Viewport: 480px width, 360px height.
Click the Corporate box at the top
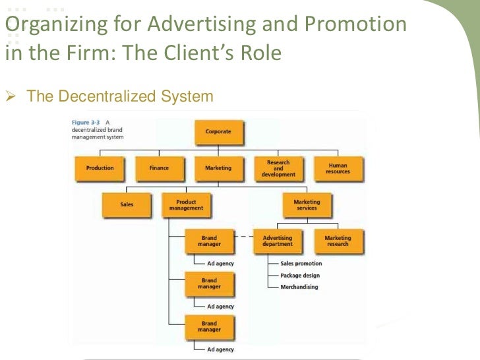pos(218,132)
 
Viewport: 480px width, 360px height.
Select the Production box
pos(100,168)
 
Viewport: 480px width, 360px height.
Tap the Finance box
pos(159,168)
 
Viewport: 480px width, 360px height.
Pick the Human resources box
pos(338,168)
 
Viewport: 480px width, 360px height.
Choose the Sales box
pos(127,204)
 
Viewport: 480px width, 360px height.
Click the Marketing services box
pos(307,204)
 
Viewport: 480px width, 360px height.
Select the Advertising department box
pos(278,241)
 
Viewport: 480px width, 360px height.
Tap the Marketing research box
pos(338,241)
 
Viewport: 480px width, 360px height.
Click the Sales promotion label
pos(301,264)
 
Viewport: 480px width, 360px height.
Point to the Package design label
pos(301,275)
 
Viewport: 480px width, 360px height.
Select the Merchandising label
pos(299,287)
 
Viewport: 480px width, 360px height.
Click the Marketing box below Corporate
pos(218,168)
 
